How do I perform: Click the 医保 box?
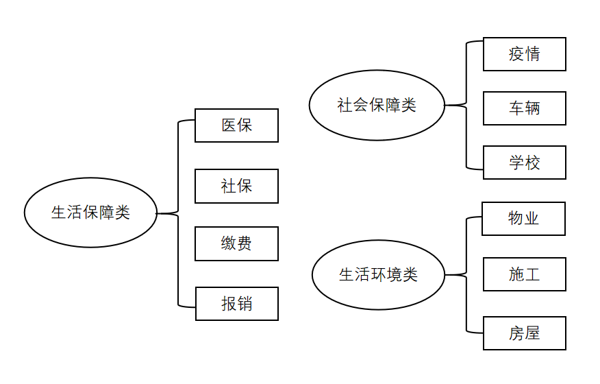pos(236,125)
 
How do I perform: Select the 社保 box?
pos(236,186)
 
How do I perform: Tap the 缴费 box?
pos(236,243)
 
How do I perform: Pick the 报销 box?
pos(236,304)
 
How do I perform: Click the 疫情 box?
pos(524,54)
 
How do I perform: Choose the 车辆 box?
pos(524,108)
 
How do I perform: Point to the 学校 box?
pos(524,163)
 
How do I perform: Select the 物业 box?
pos(523,219)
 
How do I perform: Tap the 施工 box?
pos(524,274)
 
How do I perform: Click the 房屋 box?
pos(524,333)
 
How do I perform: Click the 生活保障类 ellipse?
pos(90,213)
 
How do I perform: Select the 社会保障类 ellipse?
pos(377,106)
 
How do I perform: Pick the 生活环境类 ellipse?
pos(378,275)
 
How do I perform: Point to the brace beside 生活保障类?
pos(177,214)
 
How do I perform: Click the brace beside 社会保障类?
pos(466,105)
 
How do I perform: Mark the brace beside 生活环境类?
pos(466,275)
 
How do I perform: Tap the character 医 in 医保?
pos(229,125)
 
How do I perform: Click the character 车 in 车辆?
pos(516,108)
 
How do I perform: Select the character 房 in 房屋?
pos(516,333)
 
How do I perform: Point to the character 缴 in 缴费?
pos(229,243)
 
